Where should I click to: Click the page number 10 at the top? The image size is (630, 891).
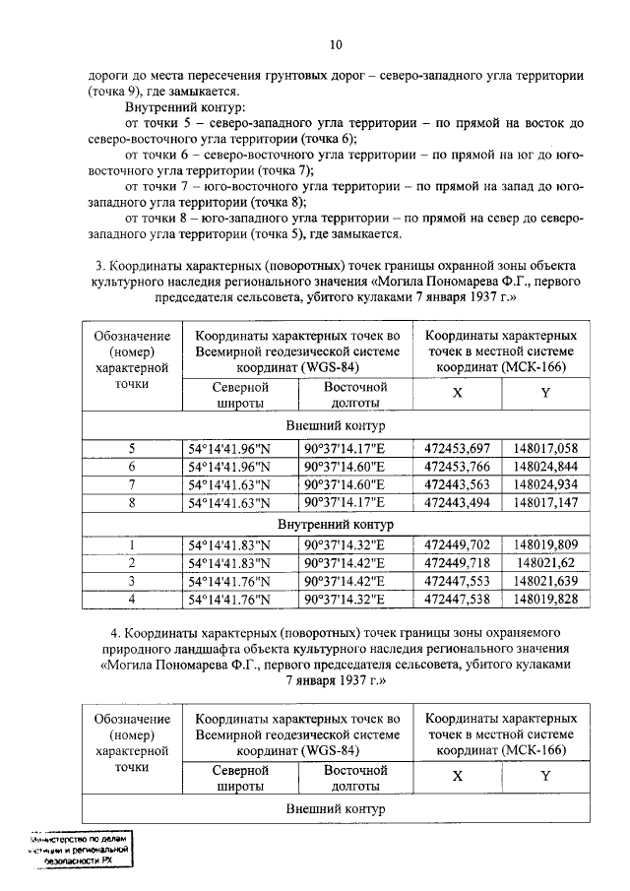click(x=336, y=44)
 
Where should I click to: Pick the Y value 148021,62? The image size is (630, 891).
click(x=545, y=562)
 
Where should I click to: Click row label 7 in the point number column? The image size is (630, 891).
click(x=132, y=484)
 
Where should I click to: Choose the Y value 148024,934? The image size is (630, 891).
click(x=545, y=484)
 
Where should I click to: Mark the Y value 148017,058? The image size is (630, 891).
click(x=545, y=449)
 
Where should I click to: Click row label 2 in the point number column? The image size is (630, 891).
click(x=132, y=562)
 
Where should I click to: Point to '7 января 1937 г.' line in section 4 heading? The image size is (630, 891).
click(x=336, y=680)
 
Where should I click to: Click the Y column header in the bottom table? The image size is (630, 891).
click(x=545, y=776)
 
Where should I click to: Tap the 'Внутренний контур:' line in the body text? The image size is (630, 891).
click(x=186, y=106)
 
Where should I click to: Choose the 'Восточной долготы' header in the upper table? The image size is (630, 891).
click(x=353, y=395)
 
